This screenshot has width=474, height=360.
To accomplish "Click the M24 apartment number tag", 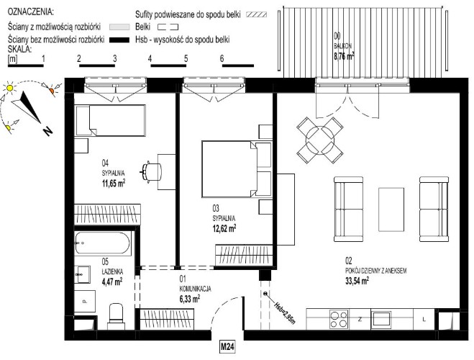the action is click(x=227, y=347).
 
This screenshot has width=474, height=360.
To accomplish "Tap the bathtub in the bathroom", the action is click(x=103, y=243).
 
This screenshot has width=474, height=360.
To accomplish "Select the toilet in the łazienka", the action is click(x=116, y=316).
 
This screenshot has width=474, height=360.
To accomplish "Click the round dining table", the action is click(x=320, y=140).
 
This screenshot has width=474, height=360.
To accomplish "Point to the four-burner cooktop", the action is click(x=339, y=319).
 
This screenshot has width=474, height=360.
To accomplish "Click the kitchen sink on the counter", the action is click(x=381, y=319).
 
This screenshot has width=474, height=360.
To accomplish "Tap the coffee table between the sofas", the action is click(x=391, y=210).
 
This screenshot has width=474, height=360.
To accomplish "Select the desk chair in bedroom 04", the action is click(x=151, y=172).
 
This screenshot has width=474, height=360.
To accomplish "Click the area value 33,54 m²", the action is click(x=357, y=281).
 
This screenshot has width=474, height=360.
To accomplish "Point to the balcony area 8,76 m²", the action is click(x=344, y=56).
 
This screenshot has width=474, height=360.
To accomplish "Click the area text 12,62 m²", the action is click(x=224, y=228).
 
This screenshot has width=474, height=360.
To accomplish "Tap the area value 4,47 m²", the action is click(x=112, y=282).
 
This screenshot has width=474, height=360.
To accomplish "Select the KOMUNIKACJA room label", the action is click(x=196, y=289).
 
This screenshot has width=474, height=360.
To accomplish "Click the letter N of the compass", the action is click(x=47, y=131).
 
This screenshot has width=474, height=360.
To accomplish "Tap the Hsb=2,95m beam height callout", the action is click(x=283, y=312).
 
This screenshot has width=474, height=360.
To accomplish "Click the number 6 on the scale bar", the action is click(x=222, y=58).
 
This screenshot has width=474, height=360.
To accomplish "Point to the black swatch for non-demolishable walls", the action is click(x=119, y=40).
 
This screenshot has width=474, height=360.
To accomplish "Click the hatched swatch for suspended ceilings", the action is click(x=256, y=14).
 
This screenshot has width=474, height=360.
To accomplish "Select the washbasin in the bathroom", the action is click(x=82, y=274).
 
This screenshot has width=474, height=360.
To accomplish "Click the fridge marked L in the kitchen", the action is click(x=424, y=319).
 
